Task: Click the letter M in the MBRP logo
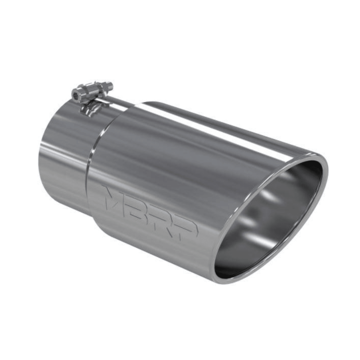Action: pos(115,199)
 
